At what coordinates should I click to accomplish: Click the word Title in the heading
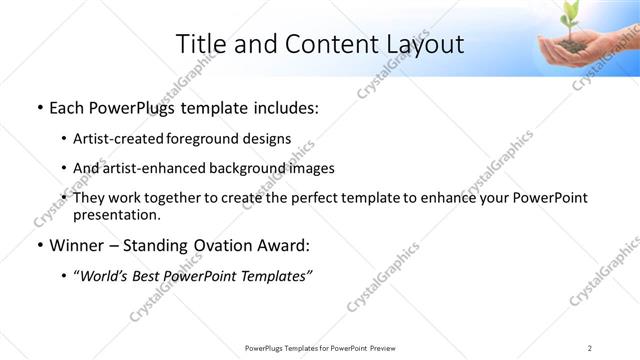tap(199, 44)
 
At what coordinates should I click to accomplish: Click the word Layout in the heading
tap(425, 44)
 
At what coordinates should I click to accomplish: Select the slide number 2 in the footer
tap(590, 347)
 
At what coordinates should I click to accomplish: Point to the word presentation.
tap(116, 214)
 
